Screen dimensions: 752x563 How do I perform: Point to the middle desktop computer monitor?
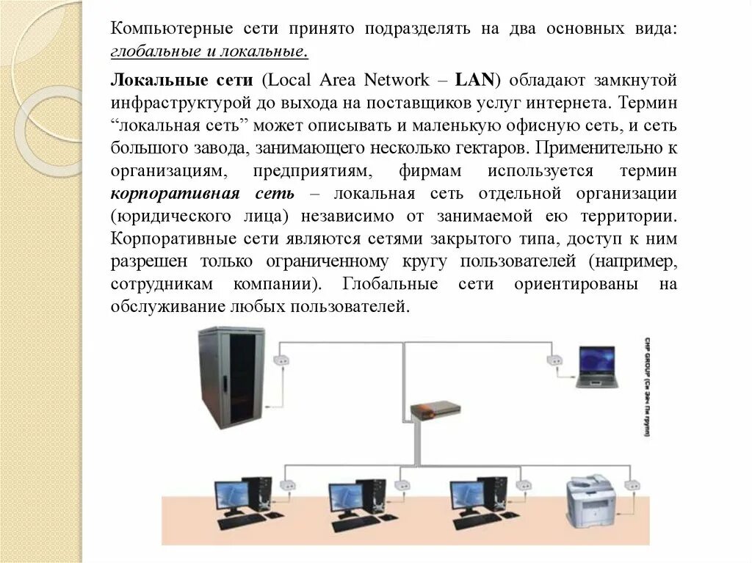[x=347, y=496]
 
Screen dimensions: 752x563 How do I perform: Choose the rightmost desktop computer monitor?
[x=467, y=496]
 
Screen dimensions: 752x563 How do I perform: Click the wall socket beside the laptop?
[x=553, y=360]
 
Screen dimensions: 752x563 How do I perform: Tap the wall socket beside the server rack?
[x=280, y=361]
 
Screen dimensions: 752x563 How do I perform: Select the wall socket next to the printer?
[x=630, y=485]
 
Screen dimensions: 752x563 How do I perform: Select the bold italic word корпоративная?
[x=164, y=194]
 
